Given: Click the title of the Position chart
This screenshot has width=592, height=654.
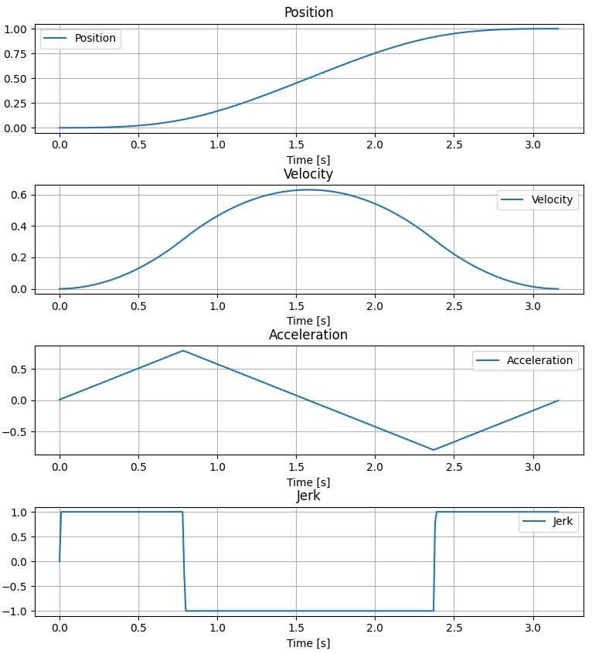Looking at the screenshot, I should [x=308, y=12].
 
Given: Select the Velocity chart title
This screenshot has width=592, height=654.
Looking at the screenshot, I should [x=308, y=174].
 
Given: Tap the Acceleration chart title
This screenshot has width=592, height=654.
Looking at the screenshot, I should [x=308, y=335].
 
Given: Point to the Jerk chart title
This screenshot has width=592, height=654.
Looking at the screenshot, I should [x=308, y=496].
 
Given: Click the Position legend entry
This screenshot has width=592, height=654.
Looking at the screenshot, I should [x=95, y=39].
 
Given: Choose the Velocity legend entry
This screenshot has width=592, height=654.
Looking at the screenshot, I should [x=552, y=199].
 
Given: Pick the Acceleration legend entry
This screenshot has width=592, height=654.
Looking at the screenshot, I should [x=539, y=360].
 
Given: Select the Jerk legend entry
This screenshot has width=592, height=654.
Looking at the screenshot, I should [x=563, y=522].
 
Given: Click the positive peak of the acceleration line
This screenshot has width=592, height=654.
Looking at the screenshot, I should [x=183, y=351].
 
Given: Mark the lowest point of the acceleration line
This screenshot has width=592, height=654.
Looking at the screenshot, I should [x=434, y=450].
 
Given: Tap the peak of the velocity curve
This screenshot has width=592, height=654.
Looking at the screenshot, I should [x=308, y=189].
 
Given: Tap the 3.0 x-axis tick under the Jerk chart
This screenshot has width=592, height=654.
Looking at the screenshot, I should [x=533, y=627].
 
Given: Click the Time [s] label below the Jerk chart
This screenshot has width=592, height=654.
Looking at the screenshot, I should [x=308, y=643].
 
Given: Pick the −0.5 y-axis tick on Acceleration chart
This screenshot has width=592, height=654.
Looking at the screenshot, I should [x=15, y=432].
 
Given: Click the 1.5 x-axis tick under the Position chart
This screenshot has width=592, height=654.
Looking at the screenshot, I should [x=296, y=144].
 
